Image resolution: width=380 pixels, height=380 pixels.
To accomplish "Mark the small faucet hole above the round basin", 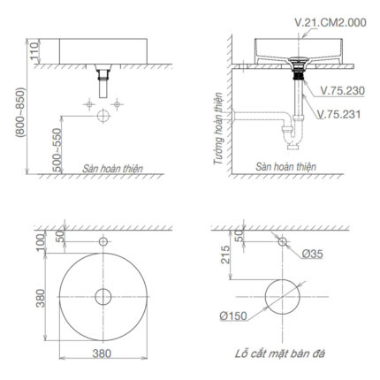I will tap(103, 241).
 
